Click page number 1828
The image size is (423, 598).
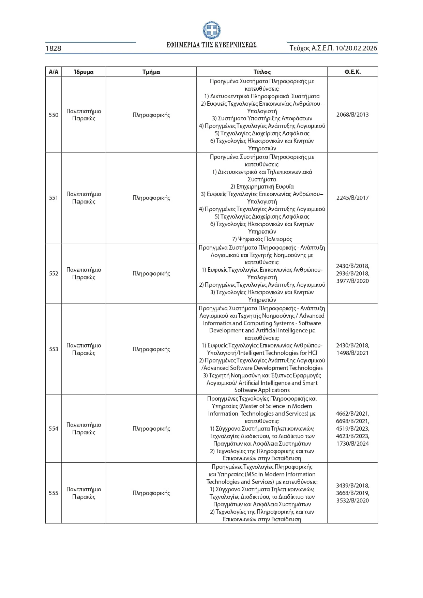coord(54,48)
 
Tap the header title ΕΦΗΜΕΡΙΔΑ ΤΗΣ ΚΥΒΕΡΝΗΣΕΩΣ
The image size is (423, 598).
coord(211,45)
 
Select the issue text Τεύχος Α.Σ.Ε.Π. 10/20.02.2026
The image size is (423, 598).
coord(333,48)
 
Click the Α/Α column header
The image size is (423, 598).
coord(54,72)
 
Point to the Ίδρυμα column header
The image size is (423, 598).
coord(84,72)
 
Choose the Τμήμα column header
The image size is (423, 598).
coord(151,72)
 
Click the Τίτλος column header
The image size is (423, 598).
coord(262,72)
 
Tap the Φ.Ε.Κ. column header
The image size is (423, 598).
coord(352,72)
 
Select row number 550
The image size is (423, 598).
coord(54,115)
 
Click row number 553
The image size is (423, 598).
coord(54,349)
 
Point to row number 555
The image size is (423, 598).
coord(54,493)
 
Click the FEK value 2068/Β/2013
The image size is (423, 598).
coord(352,115)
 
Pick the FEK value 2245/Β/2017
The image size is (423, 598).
coord(352,198)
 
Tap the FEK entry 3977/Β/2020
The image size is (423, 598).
coord(352,281)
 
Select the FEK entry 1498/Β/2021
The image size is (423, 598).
coord(352,353)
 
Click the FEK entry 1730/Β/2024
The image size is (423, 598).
coord(352,444)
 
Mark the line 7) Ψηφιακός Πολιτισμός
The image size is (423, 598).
coord(262,239)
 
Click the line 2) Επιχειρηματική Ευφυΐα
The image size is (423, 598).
coord(262,186)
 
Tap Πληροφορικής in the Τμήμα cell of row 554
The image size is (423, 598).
coord(151,429)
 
